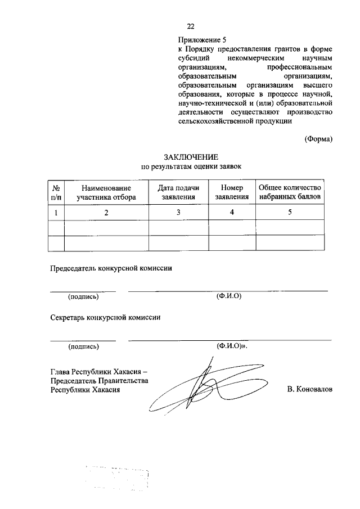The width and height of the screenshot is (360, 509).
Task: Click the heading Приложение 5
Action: (x=201, y=40)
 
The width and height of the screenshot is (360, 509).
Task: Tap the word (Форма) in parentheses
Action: (x=318, y=139)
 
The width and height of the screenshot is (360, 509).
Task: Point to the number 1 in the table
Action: (x=56, y=212)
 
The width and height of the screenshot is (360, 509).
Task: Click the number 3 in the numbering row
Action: (x=178, y=212)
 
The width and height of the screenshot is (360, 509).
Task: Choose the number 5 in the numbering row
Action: (x=290, y=212)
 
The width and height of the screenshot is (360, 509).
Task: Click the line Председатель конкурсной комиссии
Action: (x=111, y=268)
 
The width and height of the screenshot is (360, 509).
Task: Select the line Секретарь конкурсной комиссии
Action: (x=105, y=317)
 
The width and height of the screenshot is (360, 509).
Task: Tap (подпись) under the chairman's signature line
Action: (x=83, y=297)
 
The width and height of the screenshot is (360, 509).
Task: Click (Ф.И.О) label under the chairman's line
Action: (x=228, y=296)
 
